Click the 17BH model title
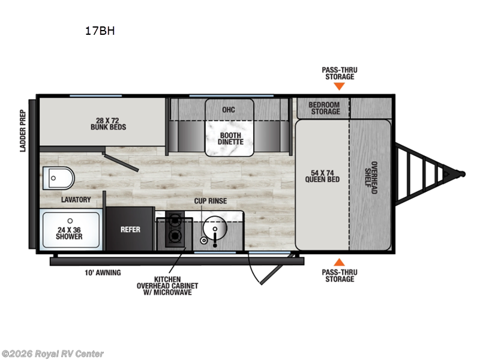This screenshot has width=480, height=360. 100,32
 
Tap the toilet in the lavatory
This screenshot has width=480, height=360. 58,178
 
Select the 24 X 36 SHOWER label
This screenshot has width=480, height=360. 70,232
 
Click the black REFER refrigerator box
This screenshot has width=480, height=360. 130,229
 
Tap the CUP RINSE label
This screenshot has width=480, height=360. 210,201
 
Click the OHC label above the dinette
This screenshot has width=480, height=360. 228,110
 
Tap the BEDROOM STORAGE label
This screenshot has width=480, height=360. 325,108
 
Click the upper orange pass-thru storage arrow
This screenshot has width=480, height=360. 339,86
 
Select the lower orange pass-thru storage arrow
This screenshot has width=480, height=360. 339,262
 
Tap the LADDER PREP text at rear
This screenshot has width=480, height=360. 23,130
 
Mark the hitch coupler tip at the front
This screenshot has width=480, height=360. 462,174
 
